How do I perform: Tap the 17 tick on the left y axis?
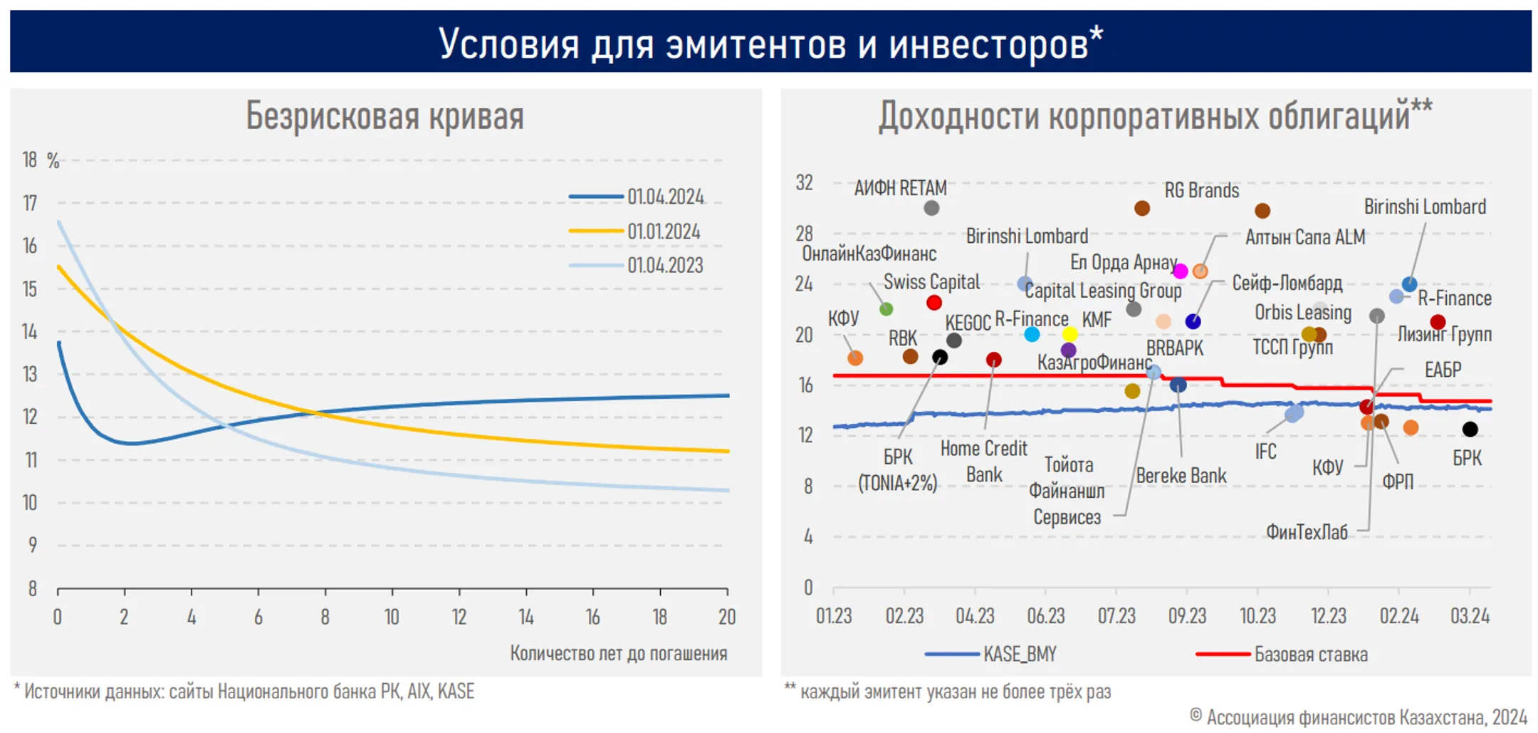(30, 204)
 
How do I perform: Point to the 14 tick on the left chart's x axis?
(525, 616)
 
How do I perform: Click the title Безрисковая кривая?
(385, 116)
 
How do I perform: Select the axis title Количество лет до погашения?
(618, 653)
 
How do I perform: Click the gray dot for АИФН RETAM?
(931, 208)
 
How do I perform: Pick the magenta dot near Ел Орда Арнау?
(1180, 271)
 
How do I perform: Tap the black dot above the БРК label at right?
(1470, 429)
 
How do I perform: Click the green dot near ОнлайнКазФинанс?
(886, 309)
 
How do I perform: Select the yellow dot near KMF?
(1069, 334)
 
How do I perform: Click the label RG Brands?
(1201, 190)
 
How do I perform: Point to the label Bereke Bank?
(1181, 476)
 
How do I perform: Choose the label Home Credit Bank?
(984, 462)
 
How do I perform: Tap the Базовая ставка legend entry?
(1309, 654)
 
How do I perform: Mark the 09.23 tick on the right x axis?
(1187, 615)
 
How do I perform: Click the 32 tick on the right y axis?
(804, 183)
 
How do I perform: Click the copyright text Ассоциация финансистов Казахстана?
(1366, 717)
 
